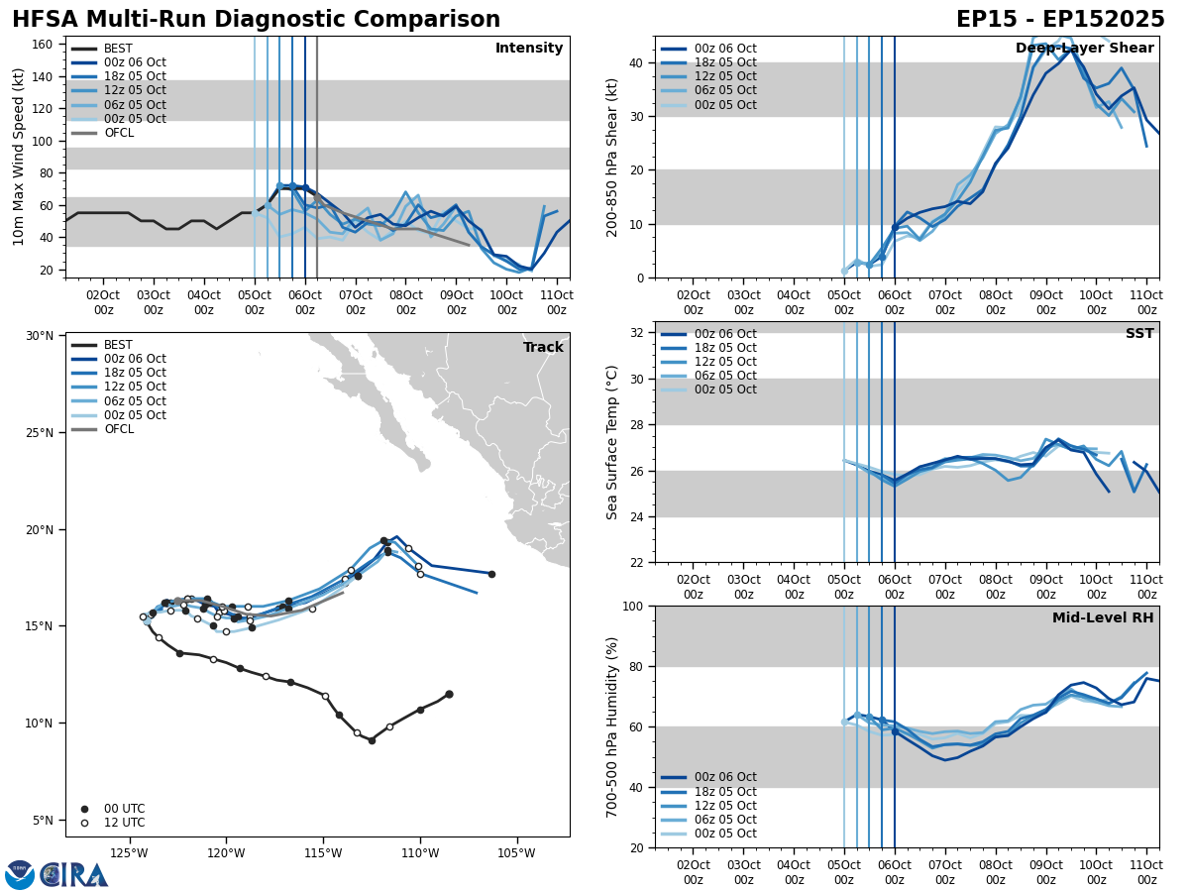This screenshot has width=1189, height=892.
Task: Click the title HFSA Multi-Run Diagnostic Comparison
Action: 256,20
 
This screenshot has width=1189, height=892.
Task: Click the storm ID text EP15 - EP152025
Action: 1060,20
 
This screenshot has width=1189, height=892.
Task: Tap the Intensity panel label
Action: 528,49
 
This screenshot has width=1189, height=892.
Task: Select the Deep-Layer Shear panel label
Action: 1084,49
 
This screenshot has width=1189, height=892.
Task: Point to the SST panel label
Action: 1138,334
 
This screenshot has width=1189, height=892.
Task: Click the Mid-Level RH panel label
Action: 1103,618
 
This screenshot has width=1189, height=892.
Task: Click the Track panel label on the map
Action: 543,348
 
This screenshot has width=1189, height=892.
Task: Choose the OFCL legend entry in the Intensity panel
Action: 119,133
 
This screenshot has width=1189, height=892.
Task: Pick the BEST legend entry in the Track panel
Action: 118,345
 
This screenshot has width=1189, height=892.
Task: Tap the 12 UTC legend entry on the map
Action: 124,823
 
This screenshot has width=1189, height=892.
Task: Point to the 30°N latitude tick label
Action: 40,336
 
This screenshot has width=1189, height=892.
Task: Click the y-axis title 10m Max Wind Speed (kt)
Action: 19,157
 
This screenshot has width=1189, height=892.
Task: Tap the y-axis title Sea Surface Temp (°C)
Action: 612,442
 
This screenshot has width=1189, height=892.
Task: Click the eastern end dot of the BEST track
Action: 449,694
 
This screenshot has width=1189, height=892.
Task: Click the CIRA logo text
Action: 75,874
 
